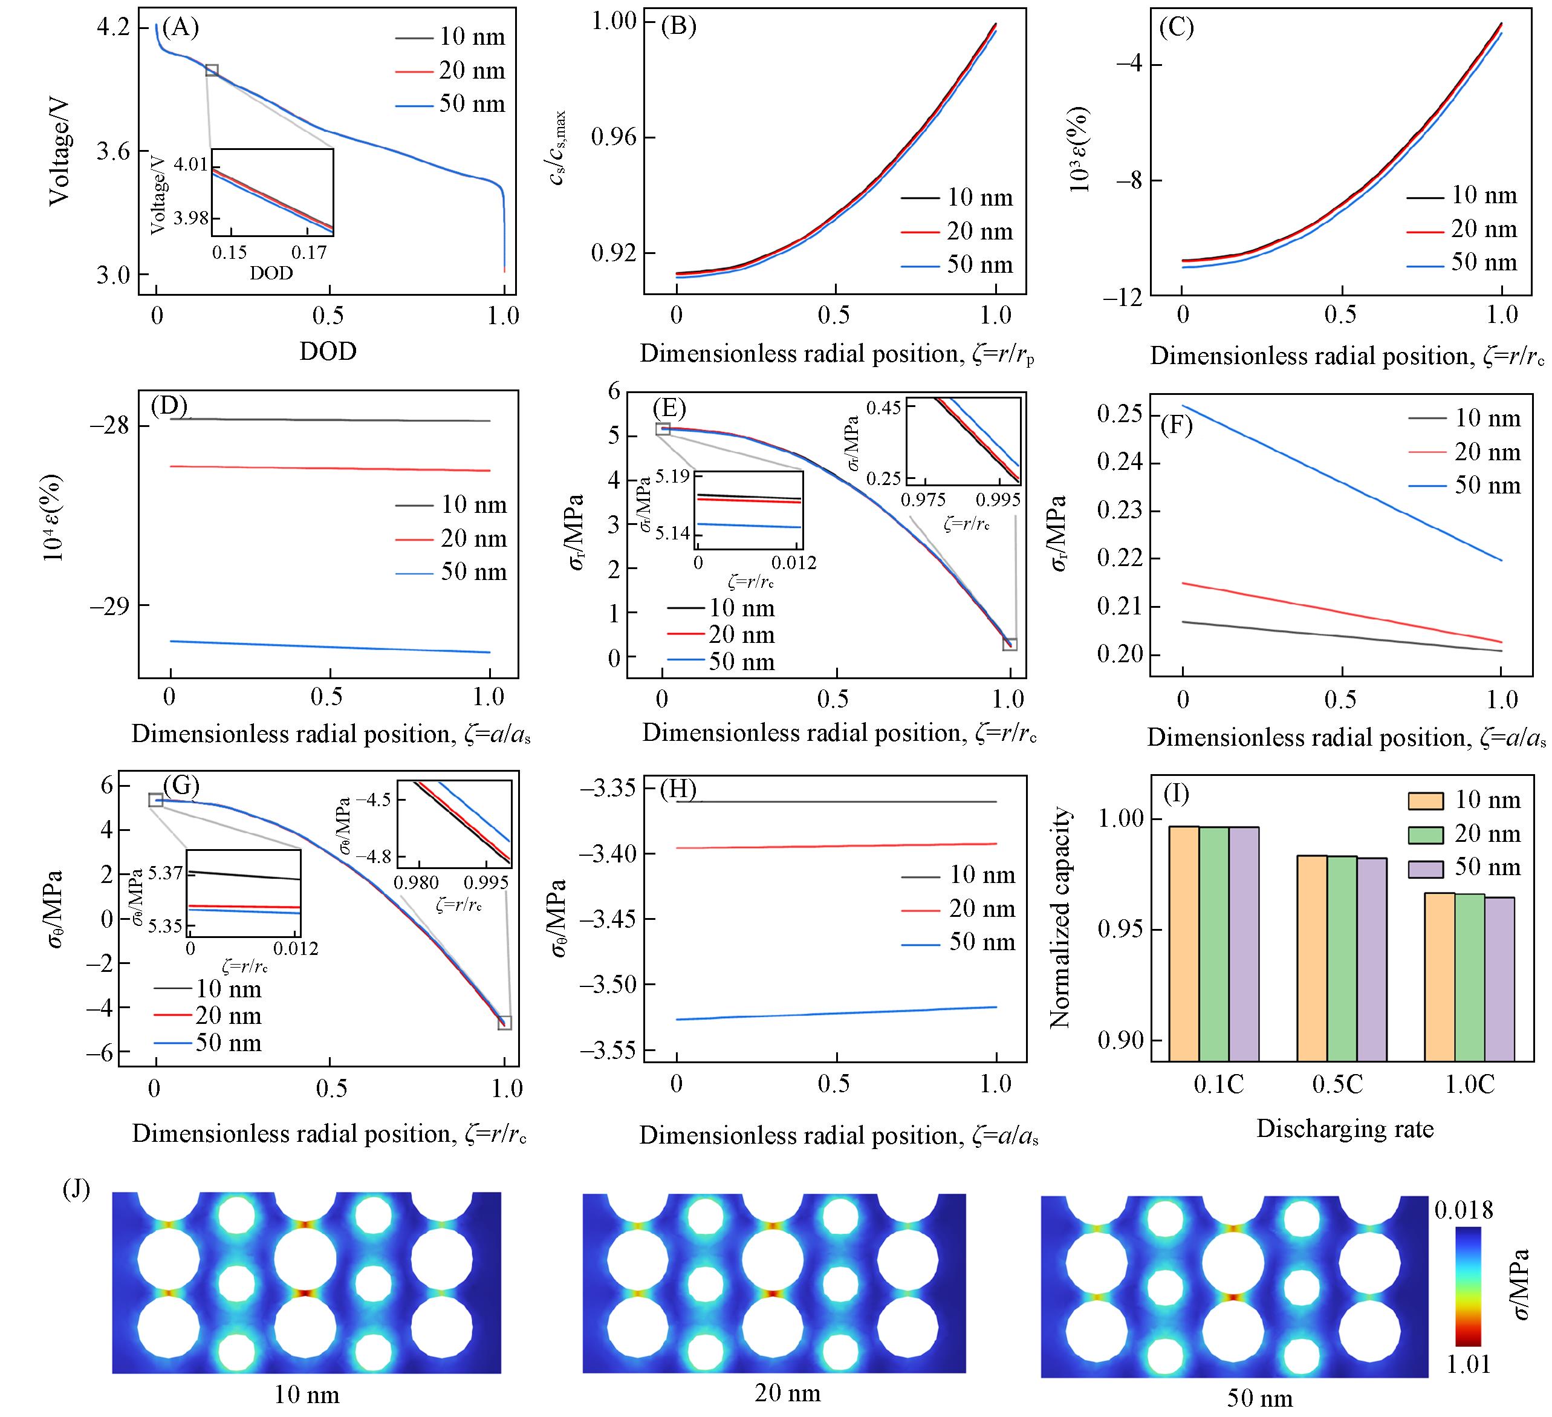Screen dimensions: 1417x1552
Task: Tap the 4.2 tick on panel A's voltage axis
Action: tap(112, 28)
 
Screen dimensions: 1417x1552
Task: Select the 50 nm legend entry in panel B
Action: tap(979, 264)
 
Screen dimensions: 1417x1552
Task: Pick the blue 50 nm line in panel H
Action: tap(836, 1014)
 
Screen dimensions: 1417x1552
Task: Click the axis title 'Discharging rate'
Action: tap(1345, 1129)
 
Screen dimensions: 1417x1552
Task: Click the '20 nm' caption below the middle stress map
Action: tap(788, 1392)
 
